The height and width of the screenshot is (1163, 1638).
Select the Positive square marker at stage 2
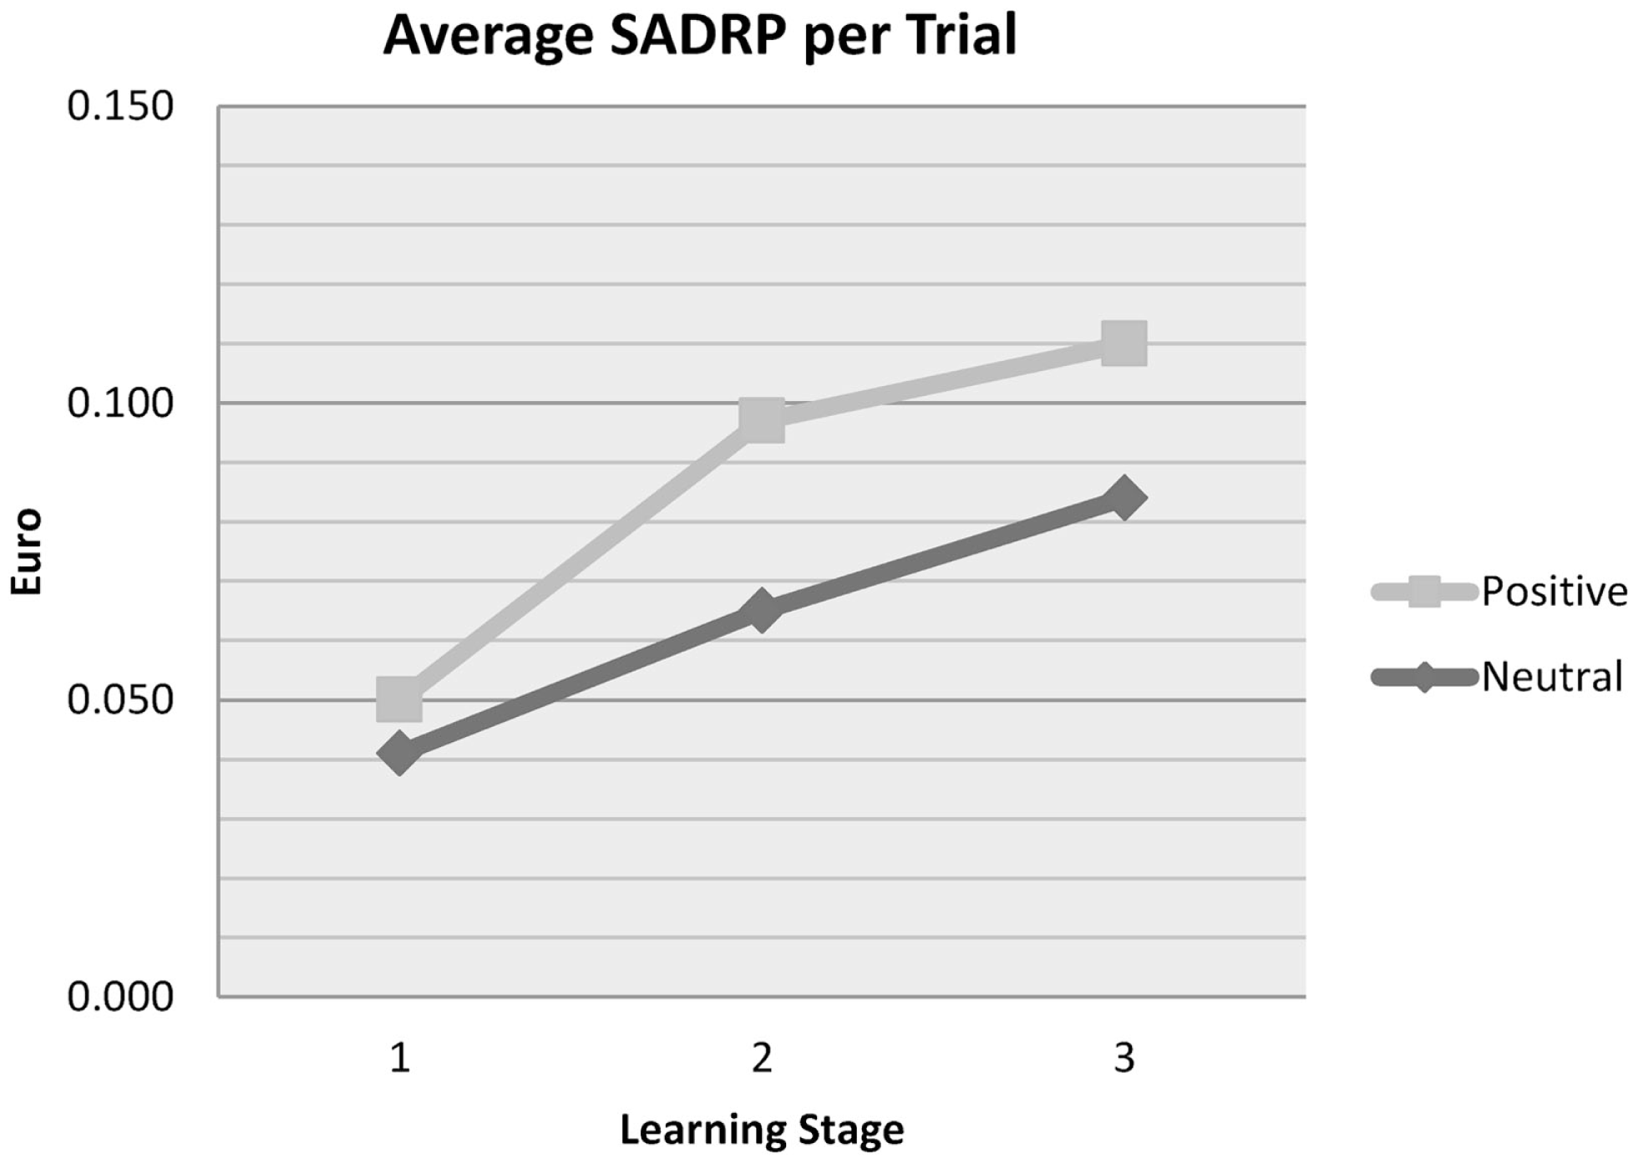(762, 419)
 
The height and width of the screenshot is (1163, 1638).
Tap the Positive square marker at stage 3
(1123, 343)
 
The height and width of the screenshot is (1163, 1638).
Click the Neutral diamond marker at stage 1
(399, 753)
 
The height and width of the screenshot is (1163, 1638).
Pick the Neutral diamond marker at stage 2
(762, 610)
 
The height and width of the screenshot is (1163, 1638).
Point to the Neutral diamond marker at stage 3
(1123, 499)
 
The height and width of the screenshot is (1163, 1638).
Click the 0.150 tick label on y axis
(120, 107)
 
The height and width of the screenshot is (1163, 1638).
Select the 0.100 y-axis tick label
(120, 404)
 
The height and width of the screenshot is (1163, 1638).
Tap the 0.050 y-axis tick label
(120, 700)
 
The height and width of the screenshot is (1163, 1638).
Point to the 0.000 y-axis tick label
(120, 997)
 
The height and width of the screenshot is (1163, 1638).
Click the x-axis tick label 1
(400, 1058)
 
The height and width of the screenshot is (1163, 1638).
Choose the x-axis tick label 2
(762, 1058)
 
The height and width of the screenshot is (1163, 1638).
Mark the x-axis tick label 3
(1123, 1058)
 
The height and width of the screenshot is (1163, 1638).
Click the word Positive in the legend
(1554, 592)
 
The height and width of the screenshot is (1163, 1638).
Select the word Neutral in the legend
(1551, 677)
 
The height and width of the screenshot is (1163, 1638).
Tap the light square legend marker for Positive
(1423, 592)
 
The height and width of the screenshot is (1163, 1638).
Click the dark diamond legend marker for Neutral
(1423, 677)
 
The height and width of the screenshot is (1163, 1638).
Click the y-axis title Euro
(26, 551)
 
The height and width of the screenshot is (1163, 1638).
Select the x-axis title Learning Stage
(762, 1130)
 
